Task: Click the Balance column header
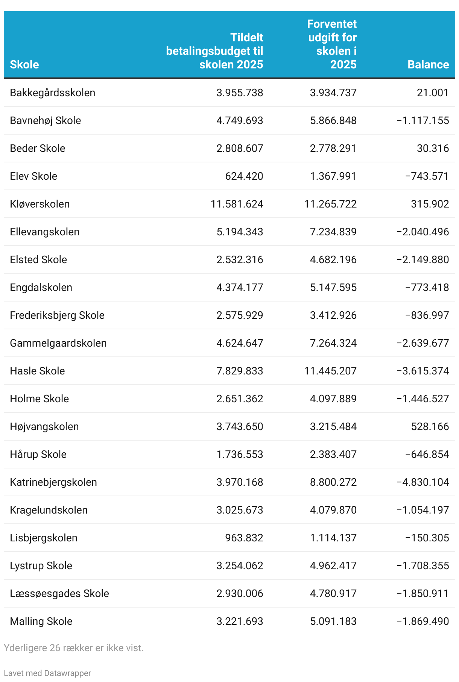click(x=428, y=64)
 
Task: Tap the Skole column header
click(x=24, y=64)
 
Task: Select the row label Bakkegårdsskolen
click(x=53, y=92)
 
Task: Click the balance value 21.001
click(x=433, y=92)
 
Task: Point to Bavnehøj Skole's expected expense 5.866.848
click(x=333, y=120)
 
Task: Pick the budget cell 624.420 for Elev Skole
click(x=244, y=176)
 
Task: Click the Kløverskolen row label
click(x=40, y=204)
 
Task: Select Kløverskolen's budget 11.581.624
click(x=237, y=204)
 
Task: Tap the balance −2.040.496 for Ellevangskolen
click(x=423, y=232)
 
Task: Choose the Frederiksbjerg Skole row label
click(x=57, y=315)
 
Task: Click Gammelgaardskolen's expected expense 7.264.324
click(x=333, y=343)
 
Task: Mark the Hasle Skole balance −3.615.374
click(x=423, y=371)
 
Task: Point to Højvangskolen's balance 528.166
click(x=430, y=426)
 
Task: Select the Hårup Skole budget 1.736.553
click(x=240, y=454)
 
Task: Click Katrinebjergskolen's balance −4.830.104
click(x=423, y=482)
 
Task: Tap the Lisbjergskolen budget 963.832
click(x=244, y=538)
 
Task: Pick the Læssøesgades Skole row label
click(x=59, y=593)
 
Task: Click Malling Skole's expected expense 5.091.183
click(x=333, y=621)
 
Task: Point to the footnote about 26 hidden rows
click(x=74, y=648)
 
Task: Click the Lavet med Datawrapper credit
click(x=47, y=673)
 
